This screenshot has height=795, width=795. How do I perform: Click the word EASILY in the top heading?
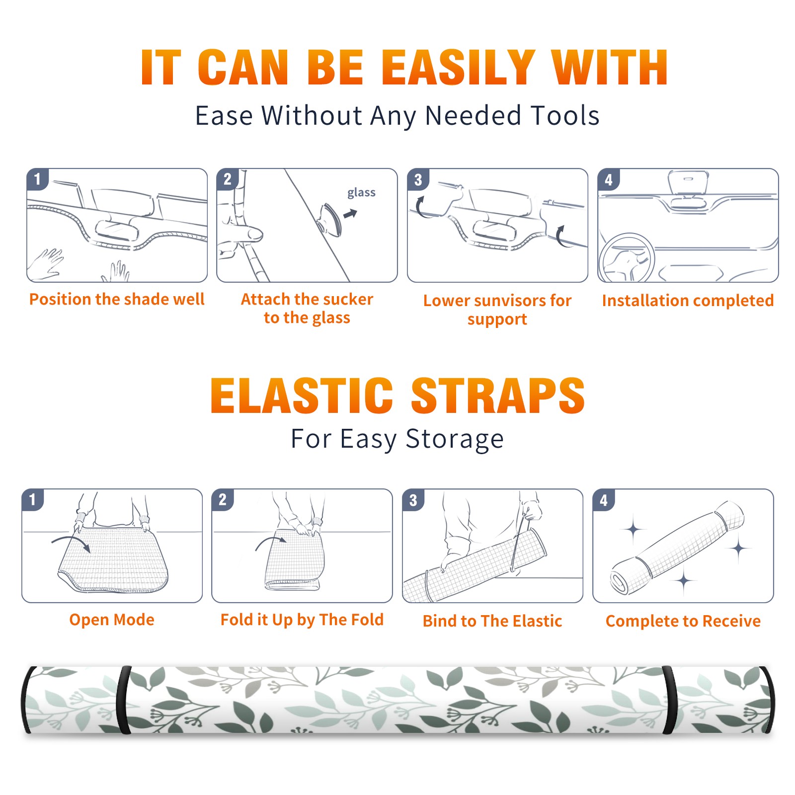458,68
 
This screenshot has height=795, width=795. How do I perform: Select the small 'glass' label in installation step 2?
361,193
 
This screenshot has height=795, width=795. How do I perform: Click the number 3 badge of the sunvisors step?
418,179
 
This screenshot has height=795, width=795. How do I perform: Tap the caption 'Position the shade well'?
117,299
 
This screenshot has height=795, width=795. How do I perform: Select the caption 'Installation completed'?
688,301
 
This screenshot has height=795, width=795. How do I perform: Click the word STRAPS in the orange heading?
498,396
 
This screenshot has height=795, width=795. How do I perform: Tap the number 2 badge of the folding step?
223,499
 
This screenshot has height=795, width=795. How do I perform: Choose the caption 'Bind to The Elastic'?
492,621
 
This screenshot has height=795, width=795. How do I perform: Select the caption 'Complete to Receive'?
683,621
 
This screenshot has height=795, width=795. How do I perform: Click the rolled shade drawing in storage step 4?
677,548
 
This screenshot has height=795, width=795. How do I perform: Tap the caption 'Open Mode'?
112,620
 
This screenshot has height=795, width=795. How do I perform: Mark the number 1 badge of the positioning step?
37,178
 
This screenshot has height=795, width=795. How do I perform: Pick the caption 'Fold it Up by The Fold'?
302,620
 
